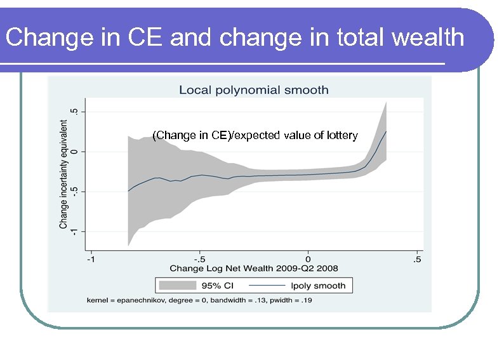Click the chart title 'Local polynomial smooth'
253,90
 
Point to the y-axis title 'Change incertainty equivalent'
64,175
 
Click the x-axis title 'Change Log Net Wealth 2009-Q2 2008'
253,269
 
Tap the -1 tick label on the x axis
91,259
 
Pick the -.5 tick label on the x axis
199,259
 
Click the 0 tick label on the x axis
308,259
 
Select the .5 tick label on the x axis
416,259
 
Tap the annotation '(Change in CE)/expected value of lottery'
255,135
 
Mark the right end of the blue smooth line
386,131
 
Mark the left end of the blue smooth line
128,190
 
